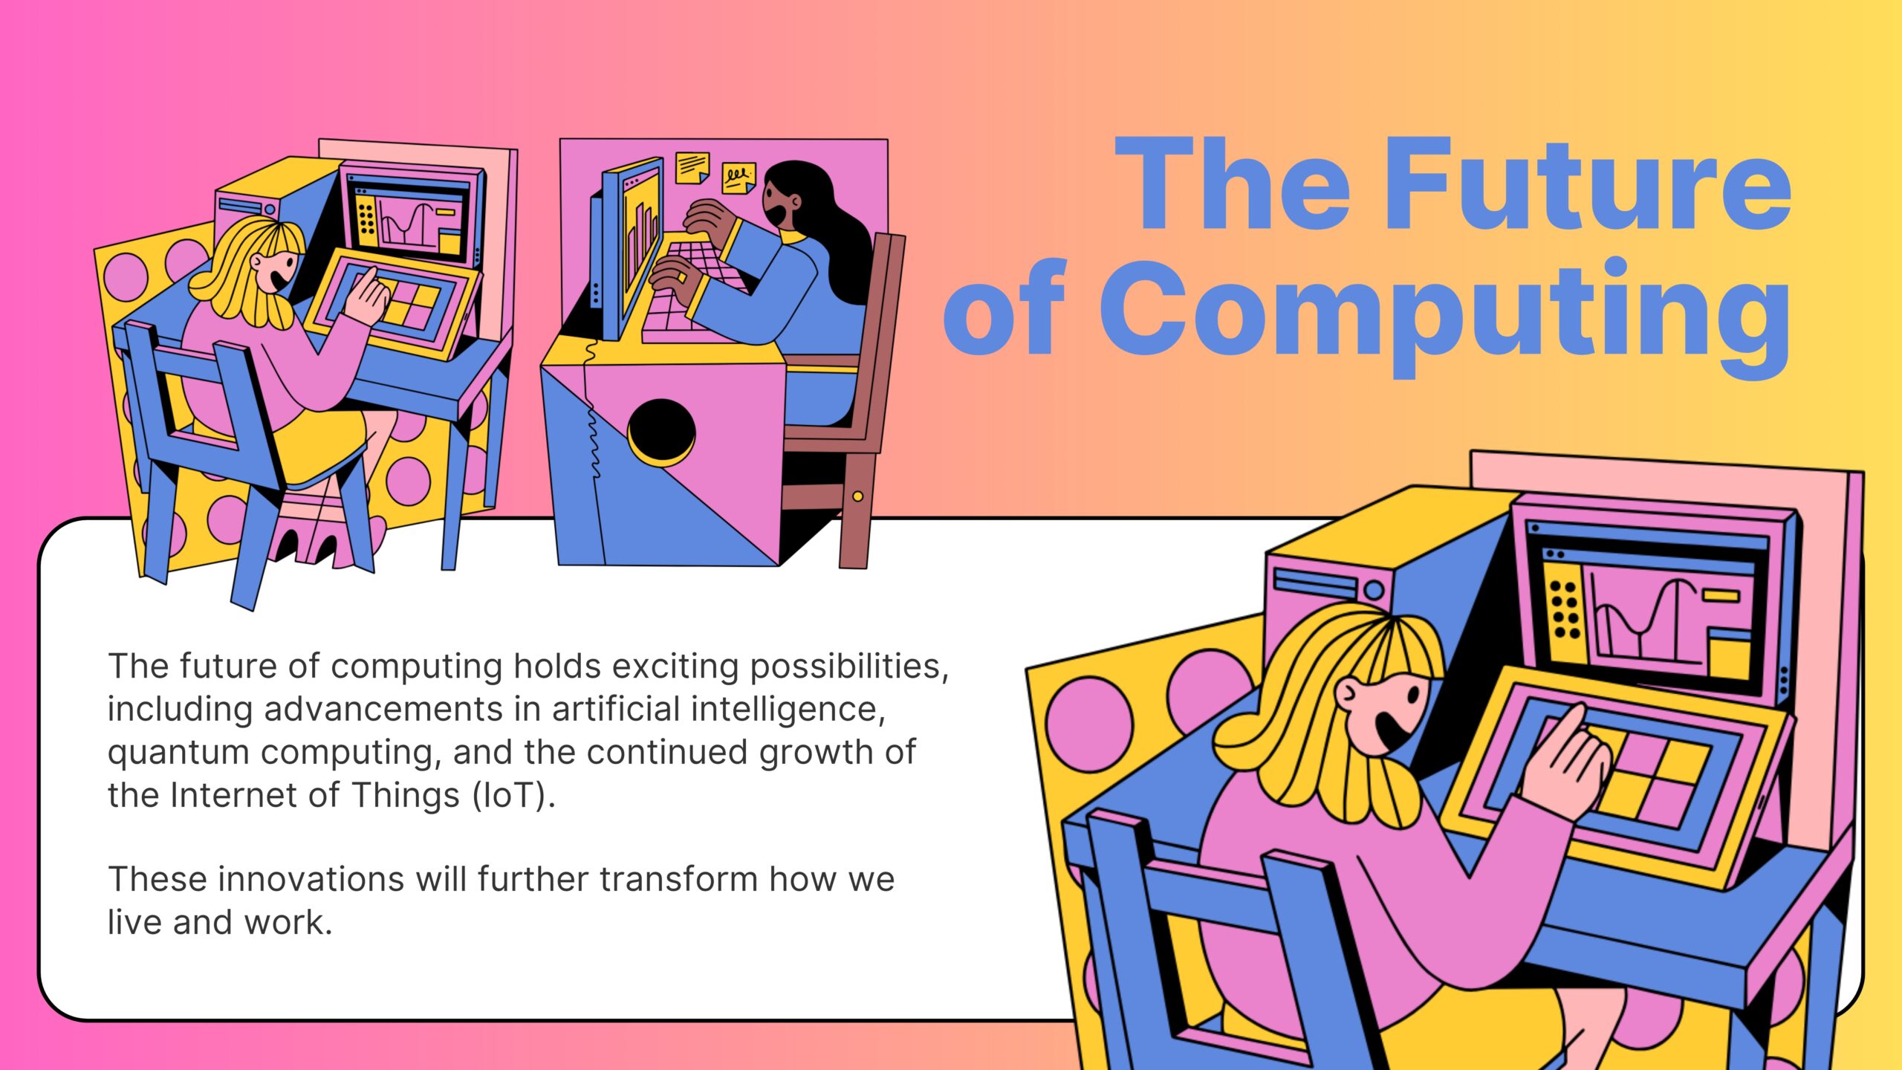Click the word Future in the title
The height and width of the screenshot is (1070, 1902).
[x=1587, y=184]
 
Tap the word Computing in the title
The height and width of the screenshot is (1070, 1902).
[x=1444, y=312]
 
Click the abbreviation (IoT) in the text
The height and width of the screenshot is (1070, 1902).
[x=513, y=796]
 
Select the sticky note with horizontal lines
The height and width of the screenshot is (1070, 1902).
[x=692, y=166]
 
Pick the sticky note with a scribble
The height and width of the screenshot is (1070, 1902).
[x=739, y=178]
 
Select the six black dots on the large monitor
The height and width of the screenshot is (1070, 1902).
[x=1564, y=609]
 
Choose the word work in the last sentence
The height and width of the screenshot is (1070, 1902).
[x=287, y=923]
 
